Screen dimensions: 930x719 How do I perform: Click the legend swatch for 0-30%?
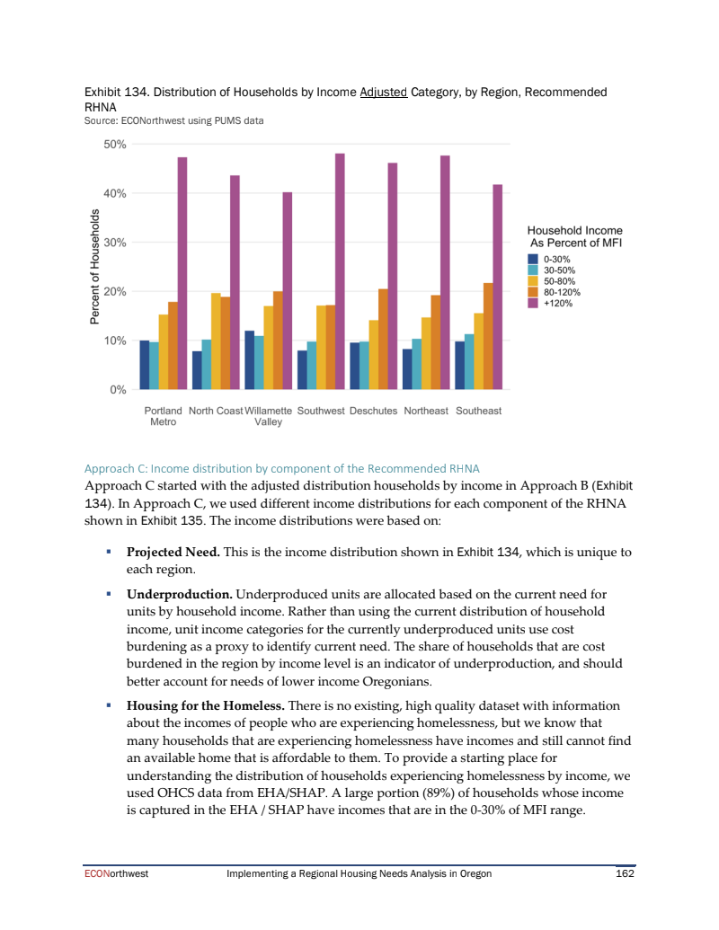coord(533,259)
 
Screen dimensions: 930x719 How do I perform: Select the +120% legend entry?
coord(558,304)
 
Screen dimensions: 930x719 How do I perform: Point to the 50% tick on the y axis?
coord(115,144)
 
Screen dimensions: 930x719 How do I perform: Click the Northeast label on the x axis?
coord(426,411)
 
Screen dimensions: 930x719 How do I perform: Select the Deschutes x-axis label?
coord(373,411)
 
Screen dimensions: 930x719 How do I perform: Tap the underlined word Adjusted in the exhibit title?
coord(384,92)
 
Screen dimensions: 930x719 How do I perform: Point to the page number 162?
coord(625,872)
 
